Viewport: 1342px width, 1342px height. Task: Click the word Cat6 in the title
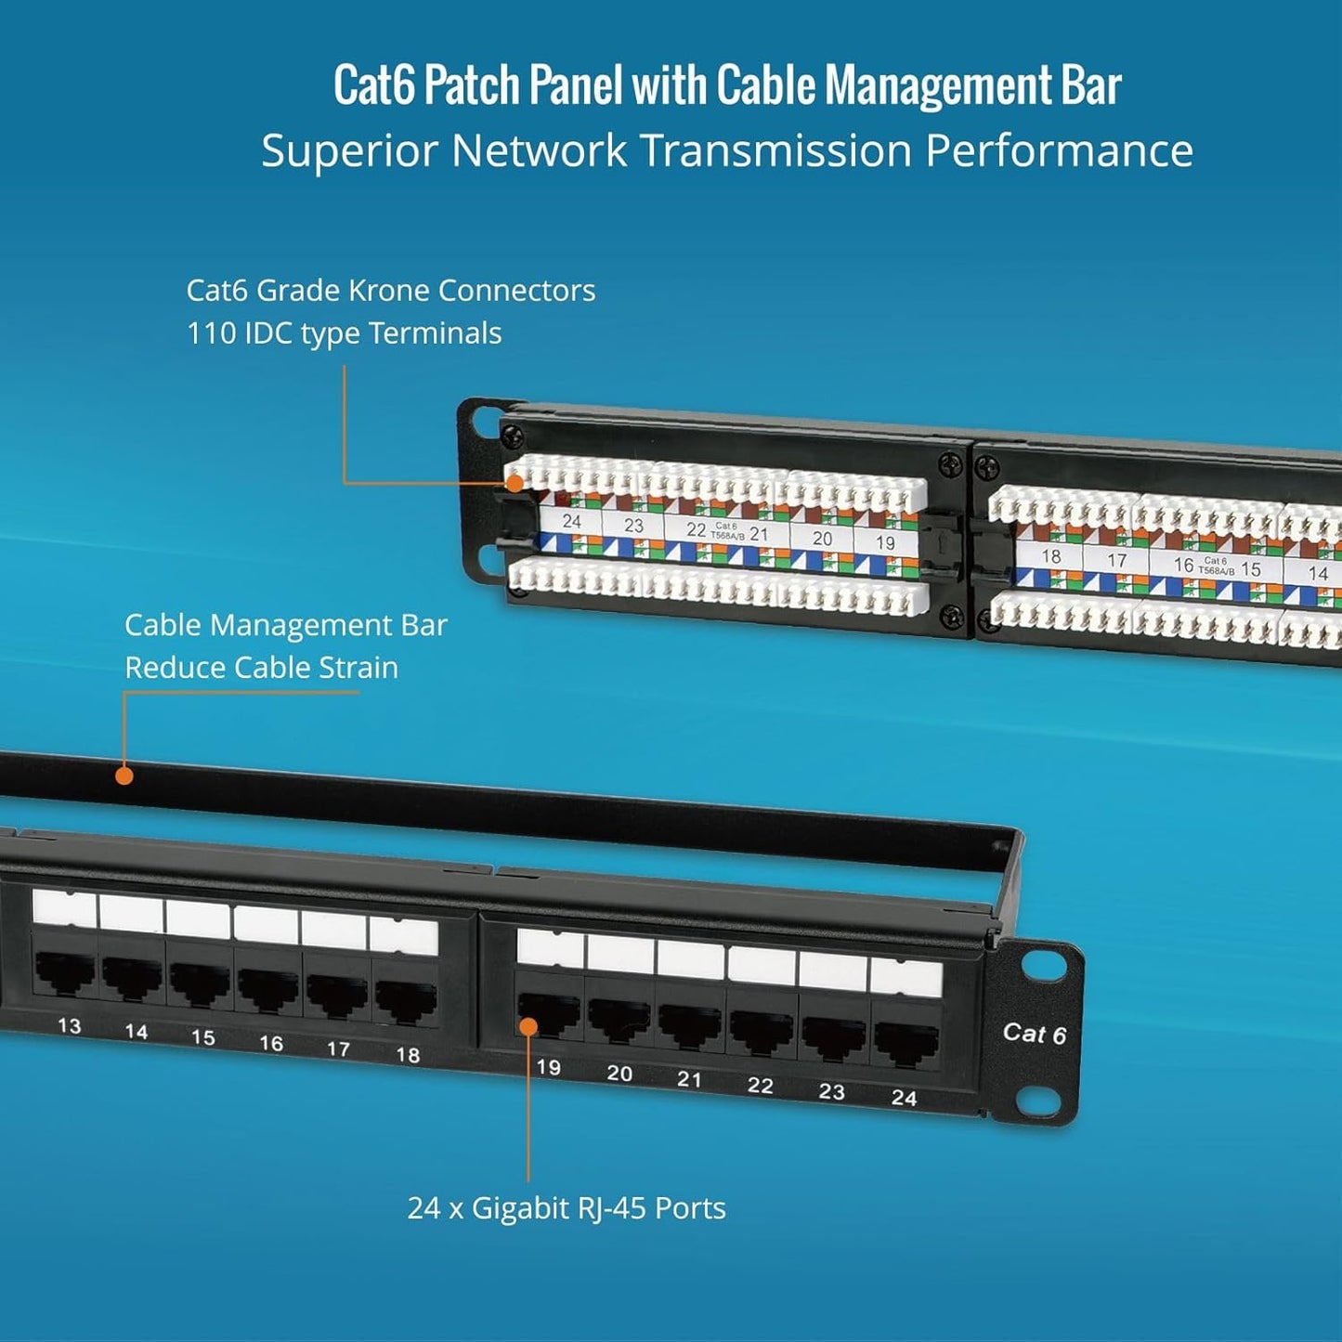coord(375,85)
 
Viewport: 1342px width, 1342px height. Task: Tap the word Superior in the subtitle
coord(349,150)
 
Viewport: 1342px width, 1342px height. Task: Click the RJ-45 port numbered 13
coord(65,972)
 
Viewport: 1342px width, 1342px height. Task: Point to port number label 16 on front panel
coord(270,1043)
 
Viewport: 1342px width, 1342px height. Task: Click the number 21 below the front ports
coord(688,1078)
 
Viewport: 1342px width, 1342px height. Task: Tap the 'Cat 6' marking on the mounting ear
coord(1034,1034)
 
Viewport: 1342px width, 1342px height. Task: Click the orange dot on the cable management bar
coord(124,775)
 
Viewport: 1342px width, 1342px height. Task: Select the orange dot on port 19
coord(528,1026)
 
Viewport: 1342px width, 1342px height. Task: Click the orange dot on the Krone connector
coord(514,483)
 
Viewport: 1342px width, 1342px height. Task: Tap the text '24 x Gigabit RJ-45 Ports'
coord(567,1208)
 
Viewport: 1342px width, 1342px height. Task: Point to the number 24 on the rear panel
coord(571,521)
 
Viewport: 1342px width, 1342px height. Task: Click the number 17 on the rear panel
coord(1116,560)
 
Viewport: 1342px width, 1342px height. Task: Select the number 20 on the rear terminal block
coord(822,538)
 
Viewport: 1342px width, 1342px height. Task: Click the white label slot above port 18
coord(404,936)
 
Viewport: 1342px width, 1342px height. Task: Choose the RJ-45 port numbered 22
coord(762,1027)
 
